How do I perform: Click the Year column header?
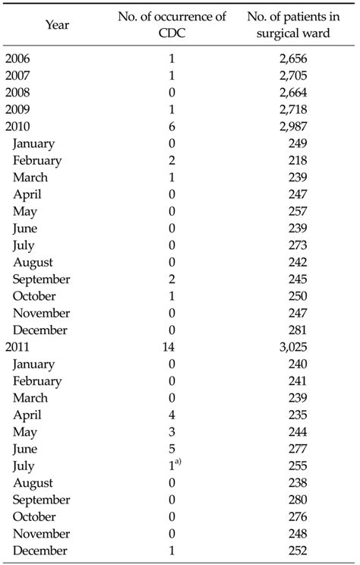(x=57, y=25)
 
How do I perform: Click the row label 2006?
(x=19, y=58)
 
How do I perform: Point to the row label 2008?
(x=19, y=93)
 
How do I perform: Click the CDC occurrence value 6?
(x=172, y=126)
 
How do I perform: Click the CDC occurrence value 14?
(x=172, y=347)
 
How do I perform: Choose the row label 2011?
(x=19, y=347)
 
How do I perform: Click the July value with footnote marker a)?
(x=174, y=466)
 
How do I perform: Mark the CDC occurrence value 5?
(x=172, y=449)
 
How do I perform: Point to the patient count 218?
(x=298, y=160)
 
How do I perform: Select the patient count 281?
(x=298, y=330)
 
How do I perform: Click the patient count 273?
(x=298, y=245)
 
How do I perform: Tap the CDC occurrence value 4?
(x=172, y=415)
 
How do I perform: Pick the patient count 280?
(x=298, y=500)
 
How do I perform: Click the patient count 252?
(x=298, y=551)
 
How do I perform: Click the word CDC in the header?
(x=172, y=33)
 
